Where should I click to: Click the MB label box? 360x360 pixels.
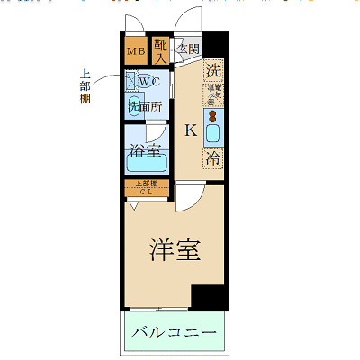tap(135, 50)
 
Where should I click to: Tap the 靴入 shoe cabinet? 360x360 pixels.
tap(160, 50)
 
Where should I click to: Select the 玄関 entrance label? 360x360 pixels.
tap(188, 49)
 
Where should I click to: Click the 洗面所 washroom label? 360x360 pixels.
tap(143, 107)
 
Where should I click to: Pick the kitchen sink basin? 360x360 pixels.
tap(214, 133)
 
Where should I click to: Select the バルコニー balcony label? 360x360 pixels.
tap(174, 334)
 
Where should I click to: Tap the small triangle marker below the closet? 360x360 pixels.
tap(134, 206)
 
